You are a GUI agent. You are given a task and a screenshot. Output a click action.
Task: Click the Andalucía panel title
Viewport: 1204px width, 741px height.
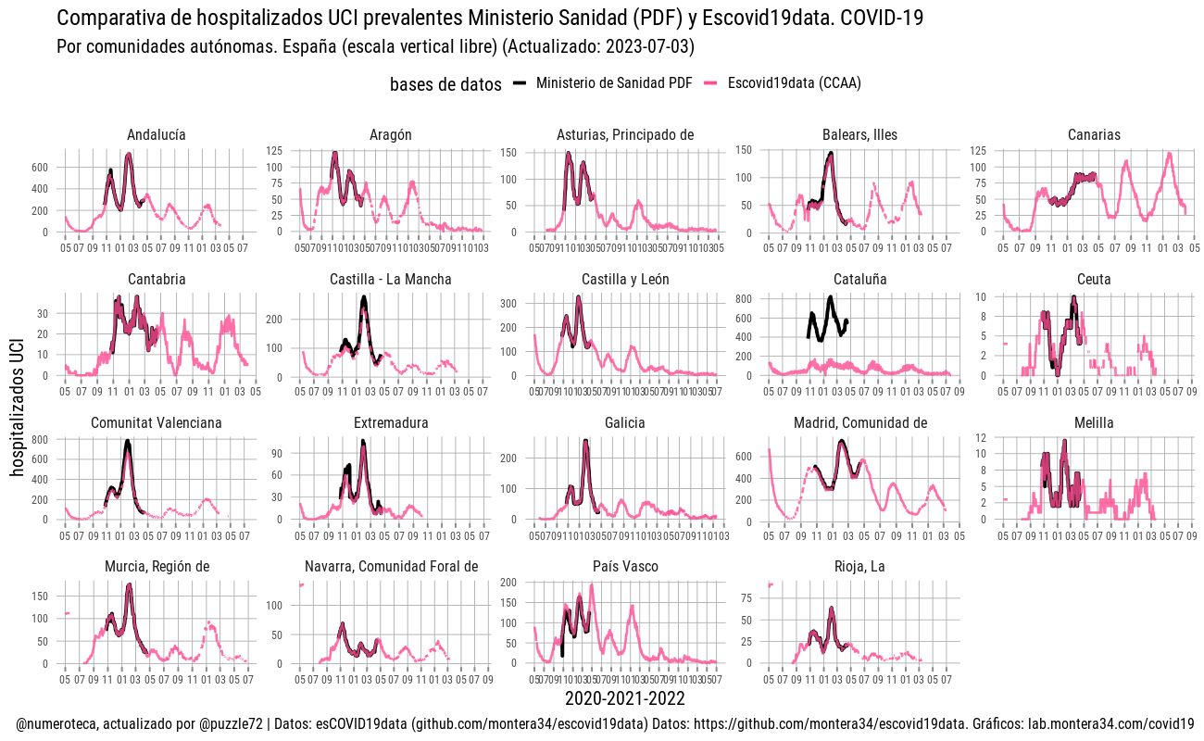156,135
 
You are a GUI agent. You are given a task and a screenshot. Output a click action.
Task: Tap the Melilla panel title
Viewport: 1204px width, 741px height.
1094,423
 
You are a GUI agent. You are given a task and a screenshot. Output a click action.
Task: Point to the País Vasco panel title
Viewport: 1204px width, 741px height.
625,567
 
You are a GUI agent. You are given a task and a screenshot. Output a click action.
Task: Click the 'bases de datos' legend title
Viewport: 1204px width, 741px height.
445,84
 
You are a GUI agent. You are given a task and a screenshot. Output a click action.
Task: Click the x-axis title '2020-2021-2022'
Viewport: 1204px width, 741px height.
625,698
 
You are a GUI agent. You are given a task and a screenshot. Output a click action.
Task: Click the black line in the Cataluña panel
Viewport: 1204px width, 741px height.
830,298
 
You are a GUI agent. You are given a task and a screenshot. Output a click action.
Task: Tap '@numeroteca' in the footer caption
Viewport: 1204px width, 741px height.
56,723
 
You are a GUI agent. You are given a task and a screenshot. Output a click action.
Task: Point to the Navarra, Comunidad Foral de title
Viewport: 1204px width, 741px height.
391,567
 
